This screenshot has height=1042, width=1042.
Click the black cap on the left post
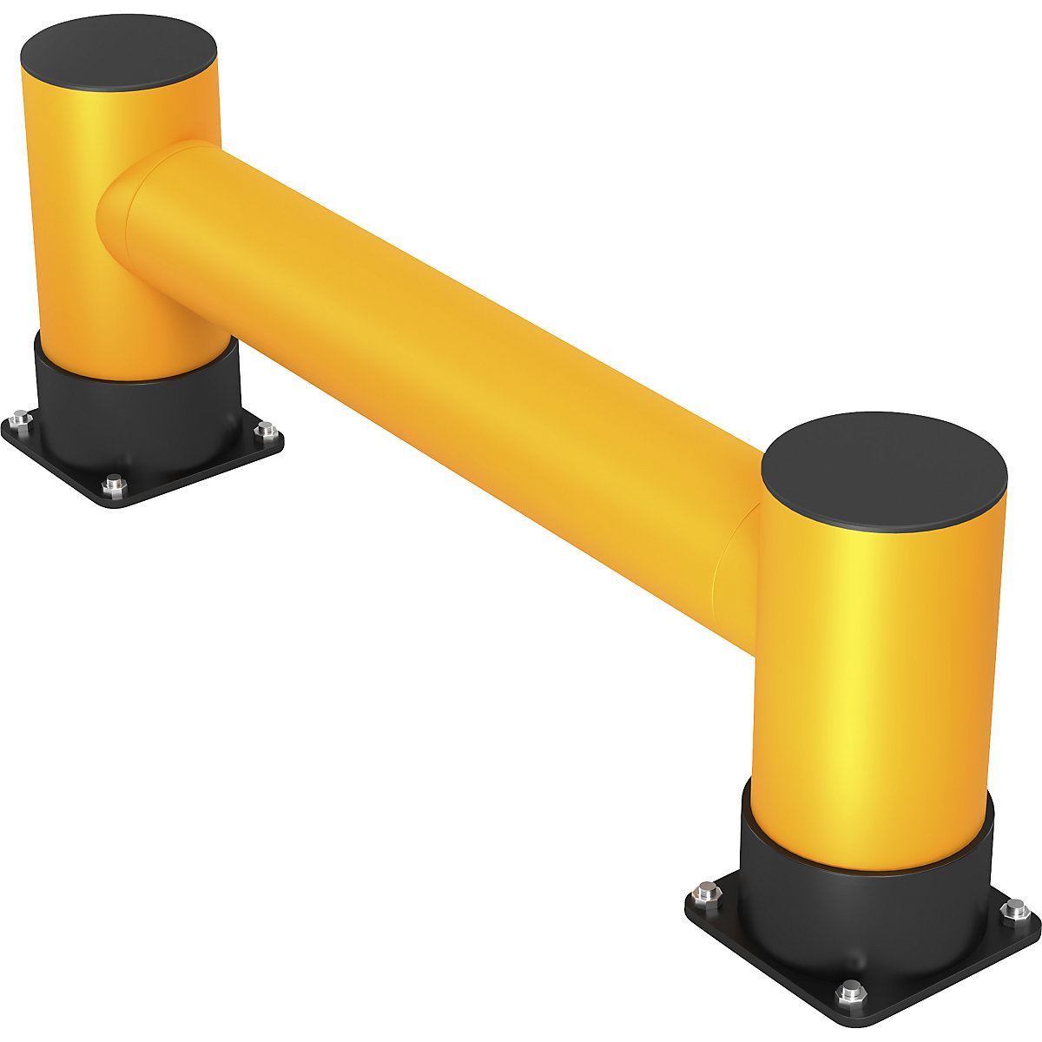(119, 54)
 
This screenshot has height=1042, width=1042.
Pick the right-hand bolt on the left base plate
(267, 430)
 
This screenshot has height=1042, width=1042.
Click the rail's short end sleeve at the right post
(738, 564)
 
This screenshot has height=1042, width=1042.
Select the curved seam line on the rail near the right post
(717, 573)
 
